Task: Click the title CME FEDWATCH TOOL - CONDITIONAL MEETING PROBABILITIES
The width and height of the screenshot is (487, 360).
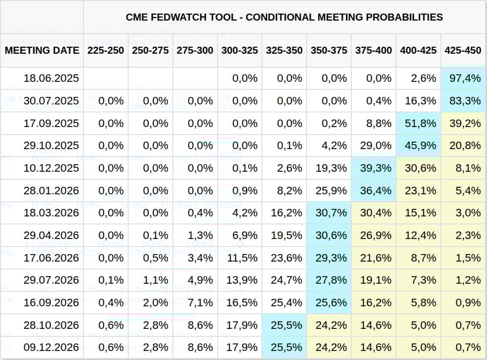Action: tap(284, 17)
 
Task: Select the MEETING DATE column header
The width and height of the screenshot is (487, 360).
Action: tap(42, 50)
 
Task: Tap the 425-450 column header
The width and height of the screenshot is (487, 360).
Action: tap(462, 50)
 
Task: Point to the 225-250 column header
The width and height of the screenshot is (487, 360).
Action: tap(106, 50)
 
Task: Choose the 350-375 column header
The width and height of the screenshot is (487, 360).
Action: tap(329, 50)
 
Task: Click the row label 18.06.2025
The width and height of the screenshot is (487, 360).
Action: tap(51, 78)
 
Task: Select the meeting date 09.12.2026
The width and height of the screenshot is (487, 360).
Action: tap(51, 347)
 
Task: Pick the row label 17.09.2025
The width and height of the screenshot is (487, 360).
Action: tap(51, 123)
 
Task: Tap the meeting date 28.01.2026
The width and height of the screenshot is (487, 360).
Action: tap(51, 191)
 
